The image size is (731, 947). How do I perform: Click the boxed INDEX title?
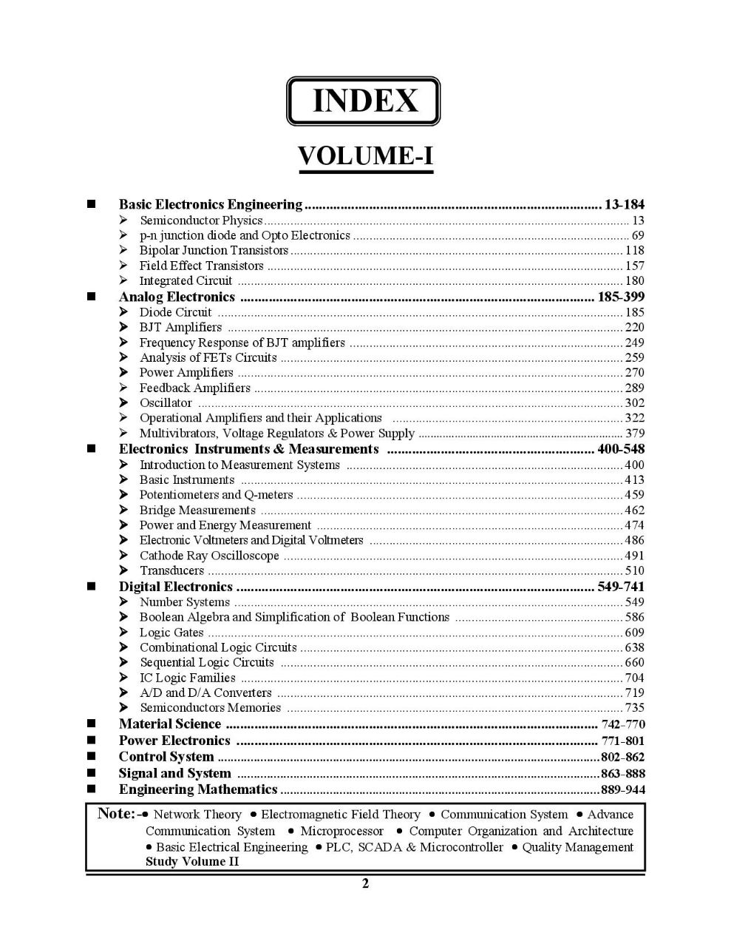tap(364, 101)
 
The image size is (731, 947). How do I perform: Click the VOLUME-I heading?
tap(364, 156)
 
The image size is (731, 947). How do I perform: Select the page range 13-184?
tap(624, 204)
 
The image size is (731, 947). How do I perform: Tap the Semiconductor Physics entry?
tap(201, 220)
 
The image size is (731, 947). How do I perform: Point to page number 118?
tap(634, 251)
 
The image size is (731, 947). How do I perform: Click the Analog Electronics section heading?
tap(177, 297)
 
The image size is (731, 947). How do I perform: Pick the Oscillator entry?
tap(166, 403)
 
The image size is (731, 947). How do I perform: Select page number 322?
tap(634, 419)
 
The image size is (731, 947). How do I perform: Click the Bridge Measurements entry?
tap(197, 510)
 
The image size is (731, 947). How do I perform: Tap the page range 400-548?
tap(621, 449)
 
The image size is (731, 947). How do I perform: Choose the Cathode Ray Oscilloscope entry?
tap(209, 556)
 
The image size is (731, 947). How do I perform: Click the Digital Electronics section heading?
tap(175, 587)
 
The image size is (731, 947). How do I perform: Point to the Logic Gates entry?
tap(171, 633)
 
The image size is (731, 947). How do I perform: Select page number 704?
tap(634, 678)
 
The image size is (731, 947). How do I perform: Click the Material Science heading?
tap(169, 724)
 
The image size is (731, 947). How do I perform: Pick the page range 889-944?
tap(622, 790)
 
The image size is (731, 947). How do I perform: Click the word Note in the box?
tap(115, 814)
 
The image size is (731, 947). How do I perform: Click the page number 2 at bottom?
tap(365, 883)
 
